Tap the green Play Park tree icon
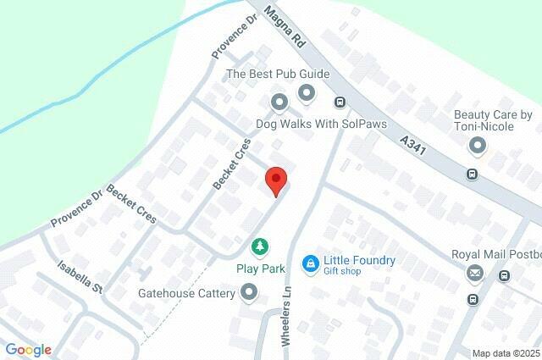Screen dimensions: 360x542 pos(260,246)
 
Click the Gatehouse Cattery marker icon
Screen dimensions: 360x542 pos(249,293)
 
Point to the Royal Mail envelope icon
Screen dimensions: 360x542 pos(475,273)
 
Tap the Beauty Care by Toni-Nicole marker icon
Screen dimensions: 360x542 pos(478,147)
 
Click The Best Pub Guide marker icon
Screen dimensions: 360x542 pos(306,92)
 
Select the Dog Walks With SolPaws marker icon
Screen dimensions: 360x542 pos(279,103)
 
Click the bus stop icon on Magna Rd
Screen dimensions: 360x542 pos(340,102)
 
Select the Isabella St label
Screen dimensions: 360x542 pos(80,275)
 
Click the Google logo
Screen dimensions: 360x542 pos(28,350)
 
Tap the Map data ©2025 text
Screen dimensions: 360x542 pos(506,353)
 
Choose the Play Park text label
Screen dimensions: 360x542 pos(260,269)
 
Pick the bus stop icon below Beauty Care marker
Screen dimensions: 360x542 pos(472,174)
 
